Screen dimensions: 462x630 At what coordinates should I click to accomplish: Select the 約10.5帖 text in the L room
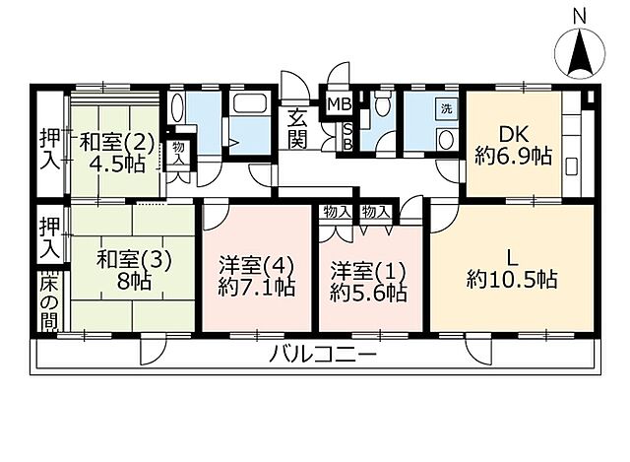click(x=512, y=279)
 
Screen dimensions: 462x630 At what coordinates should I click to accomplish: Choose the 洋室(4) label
click(x=256, y=266)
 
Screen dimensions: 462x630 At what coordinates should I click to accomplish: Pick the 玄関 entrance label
click(x=298, y=129)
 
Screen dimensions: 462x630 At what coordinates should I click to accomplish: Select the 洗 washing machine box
click(x=447, y=108)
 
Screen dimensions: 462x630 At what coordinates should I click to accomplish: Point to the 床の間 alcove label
click(x=49, y=300)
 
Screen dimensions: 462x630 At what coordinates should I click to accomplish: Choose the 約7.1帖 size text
click(x=256, y=290)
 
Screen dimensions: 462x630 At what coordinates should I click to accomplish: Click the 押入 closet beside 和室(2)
click(x=49, y=148)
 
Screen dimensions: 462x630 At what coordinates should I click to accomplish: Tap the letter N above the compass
click(x=581, y=16)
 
